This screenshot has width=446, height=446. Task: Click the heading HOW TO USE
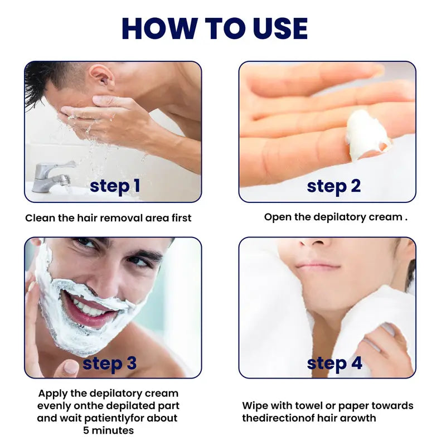215,28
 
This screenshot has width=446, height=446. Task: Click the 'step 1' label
115,186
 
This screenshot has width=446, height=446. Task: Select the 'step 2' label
334,186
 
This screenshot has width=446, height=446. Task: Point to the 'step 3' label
110,363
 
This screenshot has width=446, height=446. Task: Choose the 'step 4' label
334,363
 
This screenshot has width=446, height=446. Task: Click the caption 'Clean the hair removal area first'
108,218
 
